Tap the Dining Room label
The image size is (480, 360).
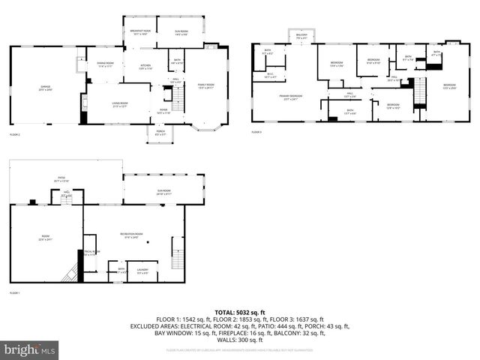click(x=105, y=64)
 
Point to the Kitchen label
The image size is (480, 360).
click(x=146, y=67)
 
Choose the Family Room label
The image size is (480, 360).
click(x=205, y=86)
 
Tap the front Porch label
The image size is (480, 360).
click(x=160, y=133)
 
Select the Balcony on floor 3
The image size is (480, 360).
click(x=301, y=36)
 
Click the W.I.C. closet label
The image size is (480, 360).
click(x=271, y=75)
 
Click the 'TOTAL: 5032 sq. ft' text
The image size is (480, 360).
click(x=239, y=312)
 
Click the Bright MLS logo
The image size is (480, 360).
click(x=30, y=349)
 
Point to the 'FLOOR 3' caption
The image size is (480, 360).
click(x=256, y=133)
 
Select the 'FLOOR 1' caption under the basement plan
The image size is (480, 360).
click(x=15, y=292)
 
